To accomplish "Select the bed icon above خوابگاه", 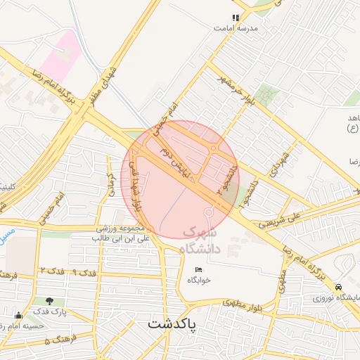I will (198, 270).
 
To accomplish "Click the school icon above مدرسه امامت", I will (236, 18).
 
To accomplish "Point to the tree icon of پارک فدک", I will (49, 302).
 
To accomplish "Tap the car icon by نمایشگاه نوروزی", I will (338, 288).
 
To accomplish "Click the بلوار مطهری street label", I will (243, 303).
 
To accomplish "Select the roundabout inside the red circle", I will (212, 149).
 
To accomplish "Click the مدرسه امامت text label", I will (237, 28).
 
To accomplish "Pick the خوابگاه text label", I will (199, 281).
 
